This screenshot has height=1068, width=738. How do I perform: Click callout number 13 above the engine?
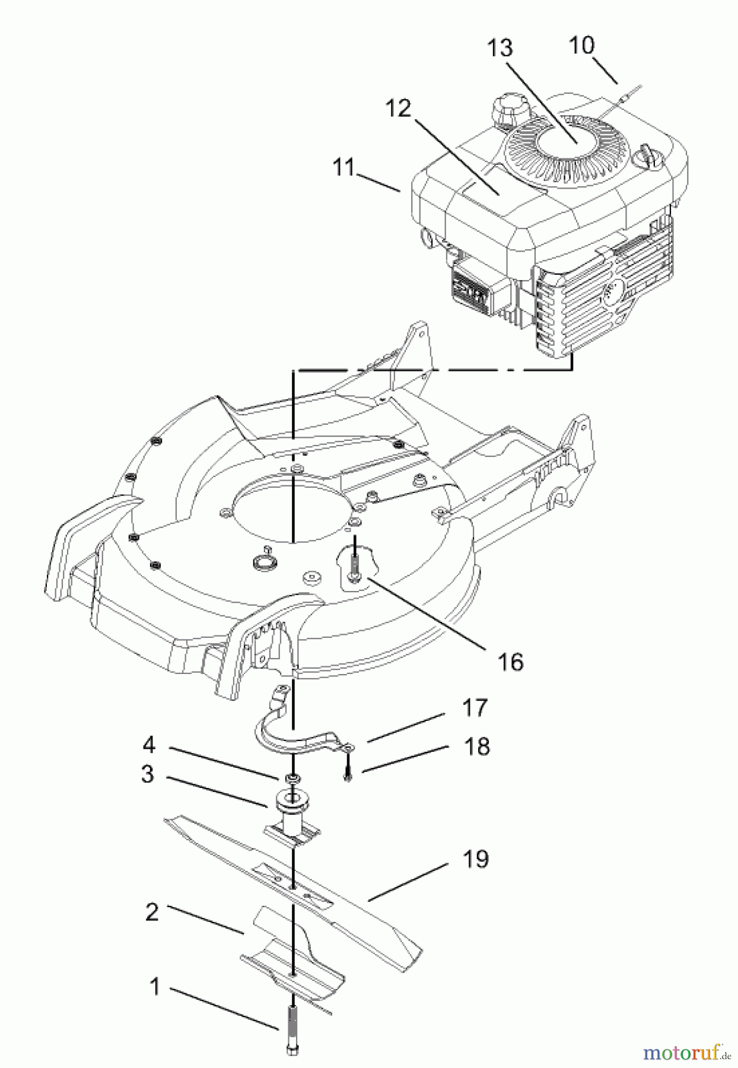[x=500, y=48]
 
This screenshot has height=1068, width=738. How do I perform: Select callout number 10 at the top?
[x=581, y=45]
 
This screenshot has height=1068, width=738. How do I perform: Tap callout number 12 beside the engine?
[x=397, y=109]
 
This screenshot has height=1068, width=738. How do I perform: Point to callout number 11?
[x=343, y=168]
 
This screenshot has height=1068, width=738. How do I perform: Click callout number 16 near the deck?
[x=511, y=662]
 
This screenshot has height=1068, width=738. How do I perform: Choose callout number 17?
[x=475, y=708]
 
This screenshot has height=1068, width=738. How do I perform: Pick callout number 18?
[x=476, y=746]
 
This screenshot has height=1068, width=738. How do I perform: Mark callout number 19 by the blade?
[x=476, y=859]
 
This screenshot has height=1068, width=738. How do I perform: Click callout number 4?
[x=148, y=745]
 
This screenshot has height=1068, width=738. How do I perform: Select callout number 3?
[x=147, y=774]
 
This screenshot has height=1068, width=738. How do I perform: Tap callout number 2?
[x=152, y=912]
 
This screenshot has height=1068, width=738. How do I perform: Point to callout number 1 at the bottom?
[x=155, y=987]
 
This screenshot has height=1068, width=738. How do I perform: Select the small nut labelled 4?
[x=292, y=778]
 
